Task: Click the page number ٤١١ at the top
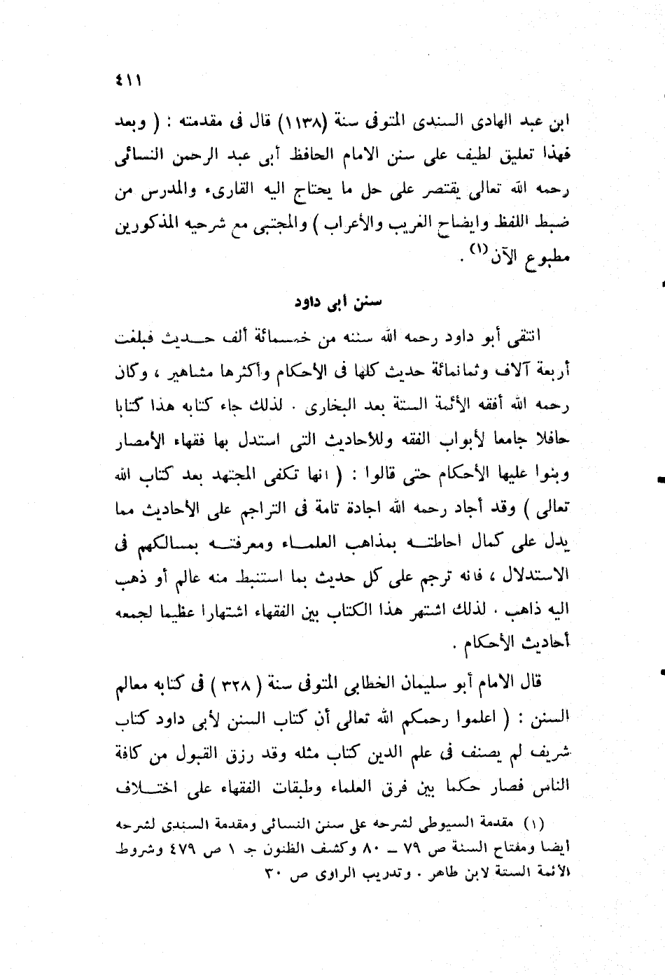click(131, 83)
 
